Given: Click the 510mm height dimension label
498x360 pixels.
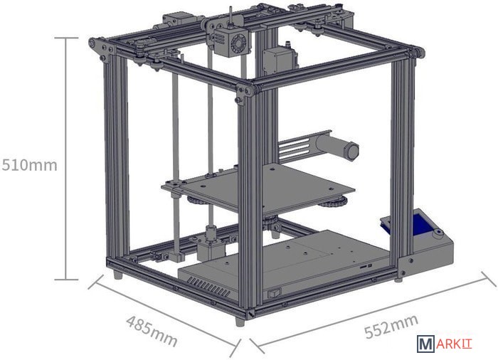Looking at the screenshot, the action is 30,165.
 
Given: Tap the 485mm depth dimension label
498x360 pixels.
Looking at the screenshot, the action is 152,331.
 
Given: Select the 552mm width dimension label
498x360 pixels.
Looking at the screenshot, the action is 391,327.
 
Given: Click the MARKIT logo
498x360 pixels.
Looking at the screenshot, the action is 445,344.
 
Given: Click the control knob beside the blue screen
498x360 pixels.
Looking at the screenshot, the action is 439,234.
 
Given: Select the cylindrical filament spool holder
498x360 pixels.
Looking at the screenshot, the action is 337,147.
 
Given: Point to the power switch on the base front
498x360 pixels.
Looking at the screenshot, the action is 275,292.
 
